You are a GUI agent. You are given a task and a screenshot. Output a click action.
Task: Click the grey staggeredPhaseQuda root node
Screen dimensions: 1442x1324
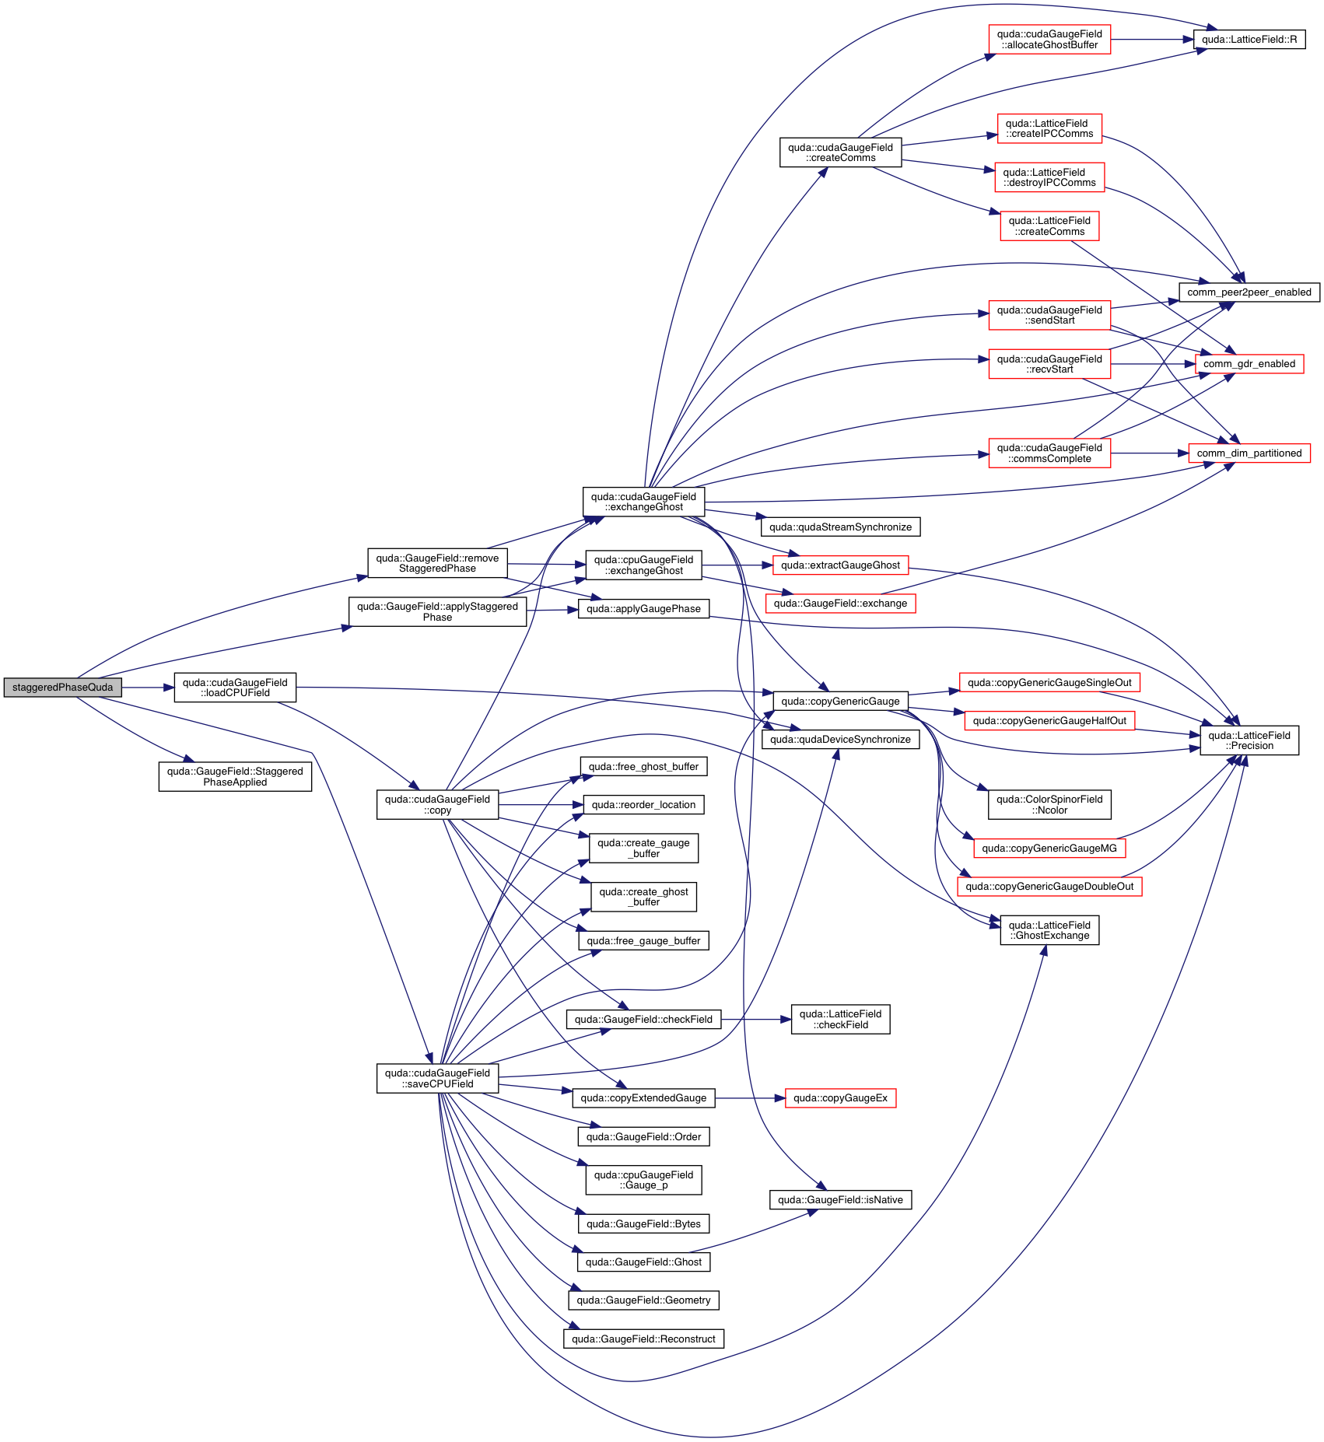point(62,688)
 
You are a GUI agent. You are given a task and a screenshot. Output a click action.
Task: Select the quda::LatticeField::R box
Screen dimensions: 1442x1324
point(1249,40)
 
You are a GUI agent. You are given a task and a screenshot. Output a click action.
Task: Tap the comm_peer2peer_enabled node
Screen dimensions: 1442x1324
point(1249,292)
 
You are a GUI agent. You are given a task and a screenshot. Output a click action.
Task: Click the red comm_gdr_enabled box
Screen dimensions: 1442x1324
point(1249,364)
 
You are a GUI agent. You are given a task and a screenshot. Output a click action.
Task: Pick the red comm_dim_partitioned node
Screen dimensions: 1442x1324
point(1249,453)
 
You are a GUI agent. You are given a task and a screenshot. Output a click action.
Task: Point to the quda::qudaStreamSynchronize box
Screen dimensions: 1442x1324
point(840,527)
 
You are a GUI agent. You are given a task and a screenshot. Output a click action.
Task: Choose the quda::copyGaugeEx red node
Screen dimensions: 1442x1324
point(840,1098)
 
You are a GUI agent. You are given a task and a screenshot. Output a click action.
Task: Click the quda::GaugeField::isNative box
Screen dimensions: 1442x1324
point(840,1200)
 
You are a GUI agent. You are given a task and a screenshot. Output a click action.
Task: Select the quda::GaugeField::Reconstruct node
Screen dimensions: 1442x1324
point(643,1339)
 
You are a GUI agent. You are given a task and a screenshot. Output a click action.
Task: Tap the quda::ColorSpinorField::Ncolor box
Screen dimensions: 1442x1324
point(1049,805)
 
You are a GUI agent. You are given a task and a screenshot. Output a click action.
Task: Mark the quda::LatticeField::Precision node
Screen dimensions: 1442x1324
point(1249,740)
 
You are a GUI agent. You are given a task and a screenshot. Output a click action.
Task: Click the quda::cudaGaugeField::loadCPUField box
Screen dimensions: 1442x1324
point(235,688)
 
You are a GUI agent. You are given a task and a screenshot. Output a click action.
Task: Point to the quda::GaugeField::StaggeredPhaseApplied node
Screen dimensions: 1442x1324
point(235,777)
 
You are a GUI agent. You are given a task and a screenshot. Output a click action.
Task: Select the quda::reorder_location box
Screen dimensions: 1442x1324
point(643,805)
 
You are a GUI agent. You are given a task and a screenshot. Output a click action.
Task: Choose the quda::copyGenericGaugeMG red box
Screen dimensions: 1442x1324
point(1049,849)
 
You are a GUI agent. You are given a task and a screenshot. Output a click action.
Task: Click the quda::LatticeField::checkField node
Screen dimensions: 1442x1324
point(840,1020)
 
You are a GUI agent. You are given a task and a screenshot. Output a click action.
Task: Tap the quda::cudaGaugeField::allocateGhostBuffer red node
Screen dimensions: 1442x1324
point(1049,40)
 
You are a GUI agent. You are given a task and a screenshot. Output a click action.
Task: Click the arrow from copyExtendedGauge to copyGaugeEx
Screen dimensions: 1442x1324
point(750,1098)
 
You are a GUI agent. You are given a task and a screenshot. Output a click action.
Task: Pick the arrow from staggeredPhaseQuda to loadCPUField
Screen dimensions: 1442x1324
point(148,688)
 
